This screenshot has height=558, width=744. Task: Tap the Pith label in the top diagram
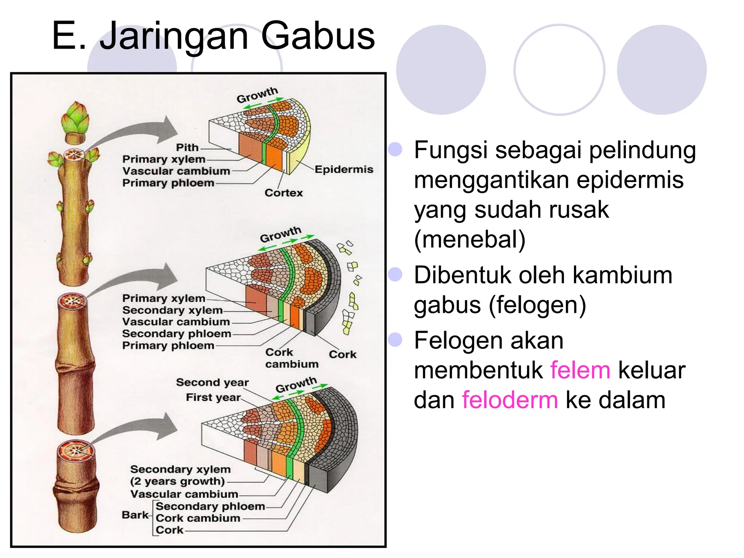(187, 147)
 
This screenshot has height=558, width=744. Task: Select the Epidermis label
(344, 169)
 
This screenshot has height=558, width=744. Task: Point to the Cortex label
(283, 193)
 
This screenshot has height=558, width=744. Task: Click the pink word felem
(580, 370)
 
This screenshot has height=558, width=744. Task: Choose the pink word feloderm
(510, 400)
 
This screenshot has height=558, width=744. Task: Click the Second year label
(212, 382)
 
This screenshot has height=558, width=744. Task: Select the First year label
(213, 397)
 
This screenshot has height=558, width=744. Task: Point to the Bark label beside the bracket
(135, 515)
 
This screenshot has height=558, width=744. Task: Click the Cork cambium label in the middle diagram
(291, 358)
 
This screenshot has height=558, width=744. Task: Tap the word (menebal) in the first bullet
(470, 240)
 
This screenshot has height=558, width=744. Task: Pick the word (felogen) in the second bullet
(537, 305)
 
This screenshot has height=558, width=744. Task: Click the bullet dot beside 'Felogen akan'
(395, 340)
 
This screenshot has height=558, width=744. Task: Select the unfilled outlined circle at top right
(559, 70)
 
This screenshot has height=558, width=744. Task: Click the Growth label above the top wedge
(257, 95)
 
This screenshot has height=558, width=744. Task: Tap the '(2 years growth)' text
(177, 481)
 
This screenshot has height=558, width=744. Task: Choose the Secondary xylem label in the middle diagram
(172, 310)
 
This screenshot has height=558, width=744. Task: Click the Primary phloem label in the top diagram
(168, 183)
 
